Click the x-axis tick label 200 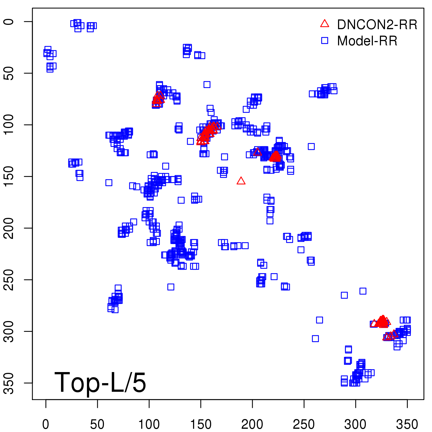252,424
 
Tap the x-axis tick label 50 97,424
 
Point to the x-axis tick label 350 407,424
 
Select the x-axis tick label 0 46,424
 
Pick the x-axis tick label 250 304,424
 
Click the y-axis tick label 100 9,125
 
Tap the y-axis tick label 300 9,331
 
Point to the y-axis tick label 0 9,22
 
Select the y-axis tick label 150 9,176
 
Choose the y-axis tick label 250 9,280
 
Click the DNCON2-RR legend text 377,25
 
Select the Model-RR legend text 367,41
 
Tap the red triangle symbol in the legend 325,24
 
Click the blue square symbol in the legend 325,40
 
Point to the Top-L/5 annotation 100,383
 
